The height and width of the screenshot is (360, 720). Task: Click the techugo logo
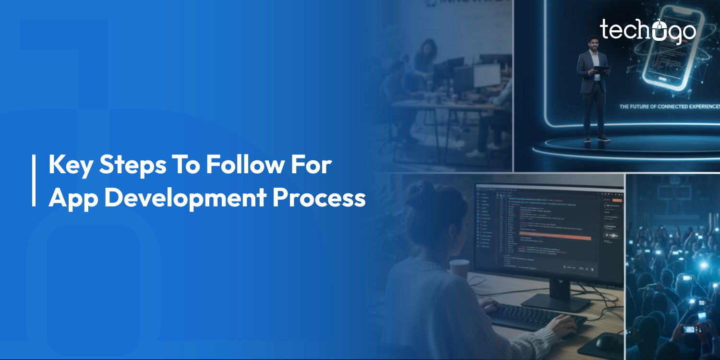coord(648,31)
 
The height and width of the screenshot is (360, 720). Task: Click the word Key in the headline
coord(70,165)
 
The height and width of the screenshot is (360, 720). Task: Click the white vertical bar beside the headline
coord(34,180)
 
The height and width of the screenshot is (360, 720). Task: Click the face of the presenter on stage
coord(594,43)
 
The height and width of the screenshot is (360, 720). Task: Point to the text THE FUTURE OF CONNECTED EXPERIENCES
coord(670,106)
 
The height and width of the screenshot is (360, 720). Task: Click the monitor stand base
coord(557,301)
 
